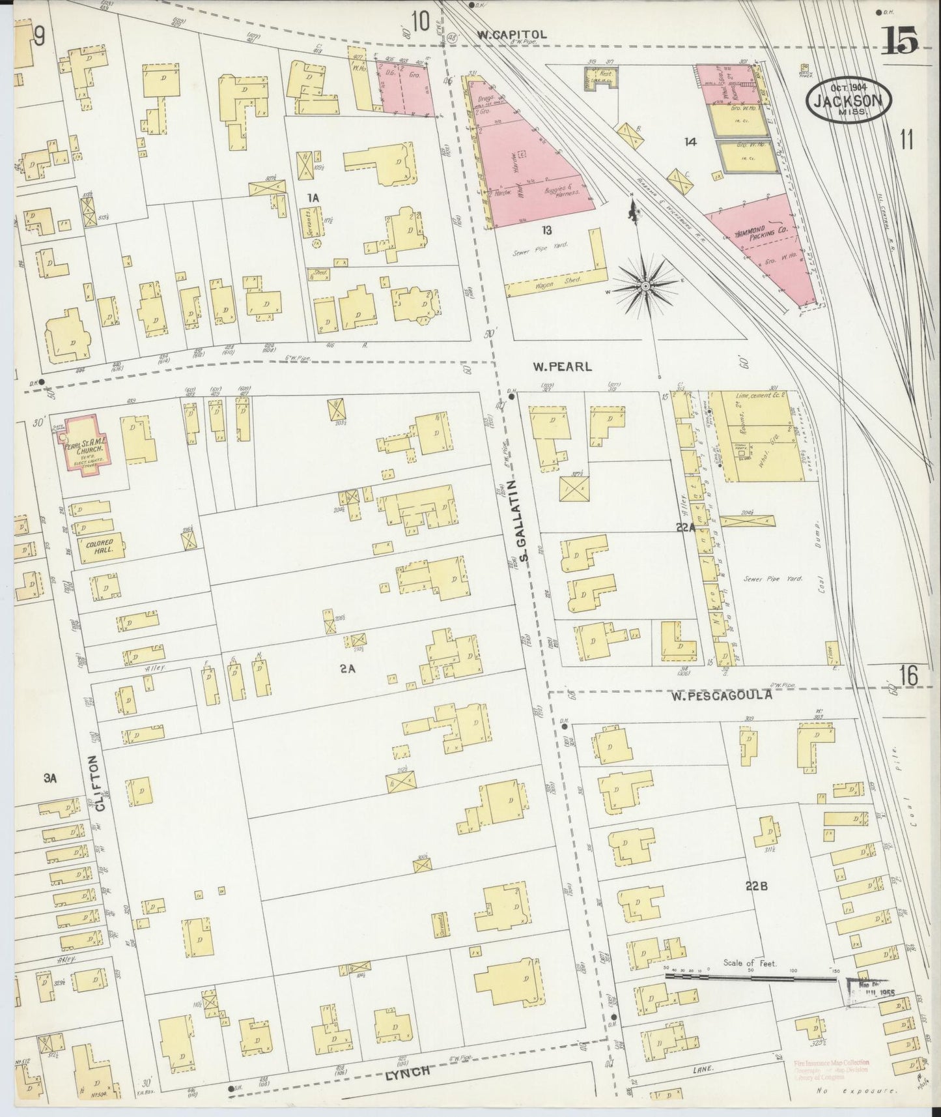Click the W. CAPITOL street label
coord(511,35)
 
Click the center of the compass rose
coord(645,285)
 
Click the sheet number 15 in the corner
coord(901,42)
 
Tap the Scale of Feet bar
coord(749,977)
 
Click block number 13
coord(546,229)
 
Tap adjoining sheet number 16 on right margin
coord(908,676)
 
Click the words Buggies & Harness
coord(560,191)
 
